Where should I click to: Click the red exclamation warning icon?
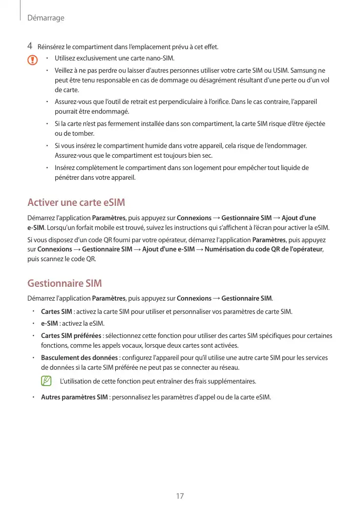[x=32, y=60]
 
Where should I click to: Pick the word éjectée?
[x=314, y=124]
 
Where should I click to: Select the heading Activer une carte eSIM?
[x=76, y=202]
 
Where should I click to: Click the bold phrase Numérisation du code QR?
[x=241, y=249]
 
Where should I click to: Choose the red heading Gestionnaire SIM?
[x=65, y=283]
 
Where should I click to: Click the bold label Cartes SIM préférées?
[x=71, y=336]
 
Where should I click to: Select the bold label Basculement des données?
[x=79, y=358]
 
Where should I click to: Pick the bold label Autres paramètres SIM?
[x=74, y=397]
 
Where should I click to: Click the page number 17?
[x=180, y=496]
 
